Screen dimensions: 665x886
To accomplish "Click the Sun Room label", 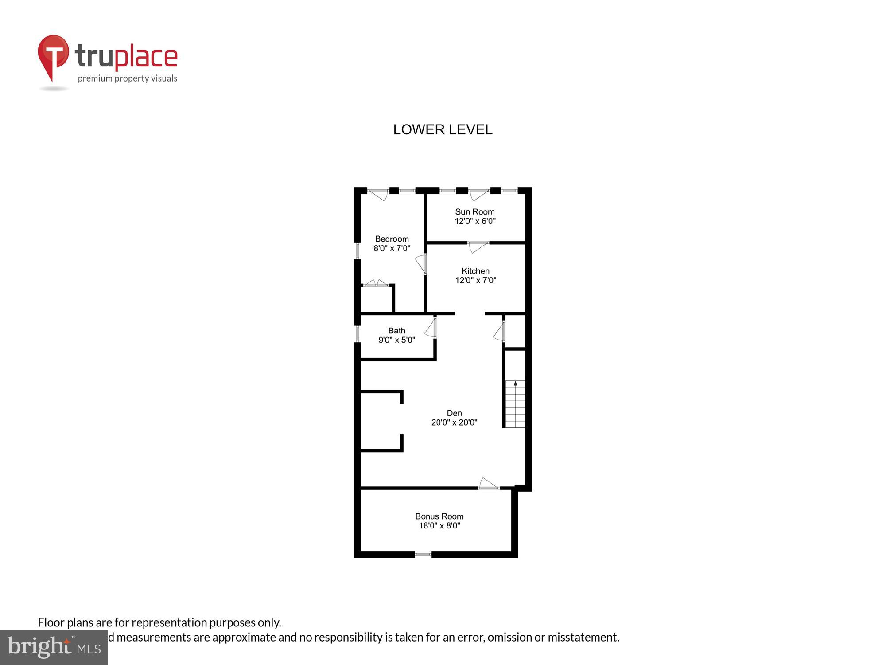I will point(474,212).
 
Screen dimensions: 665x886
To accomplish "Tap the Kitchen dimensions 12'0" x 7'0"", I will point(475,280).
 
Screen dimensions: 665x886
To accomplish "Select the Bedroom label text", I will point(392,239).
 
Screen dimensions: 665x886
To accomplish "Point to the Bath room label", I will point(396,331).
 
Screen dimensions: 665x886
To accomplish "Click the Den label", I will point(454,413).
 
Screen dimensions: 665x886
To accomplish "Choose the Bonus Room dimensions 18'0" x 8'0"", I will point(439,526).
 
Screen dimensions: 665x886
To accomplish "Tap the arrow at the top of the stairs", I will point(515,383).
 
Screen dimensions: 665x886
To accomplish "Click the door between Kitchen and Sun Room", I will point(478,246).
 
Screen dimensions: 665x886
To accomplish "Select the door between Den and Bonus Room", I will point(489,484).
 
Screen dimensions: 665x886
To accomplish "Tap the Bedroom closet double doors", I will point(376,283).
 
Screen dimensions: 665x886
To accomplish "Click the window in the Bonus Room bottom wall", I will point(423,554).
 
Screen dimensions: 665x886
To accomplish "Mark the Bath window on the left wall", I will point(358,333).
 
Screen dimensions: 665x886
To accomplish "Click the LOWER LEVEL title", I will point(443,129).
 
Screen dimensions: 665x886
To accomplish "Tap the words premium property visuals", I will point(128,78).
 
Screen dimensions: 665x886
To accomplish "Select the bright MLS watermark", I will point(54,647).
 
